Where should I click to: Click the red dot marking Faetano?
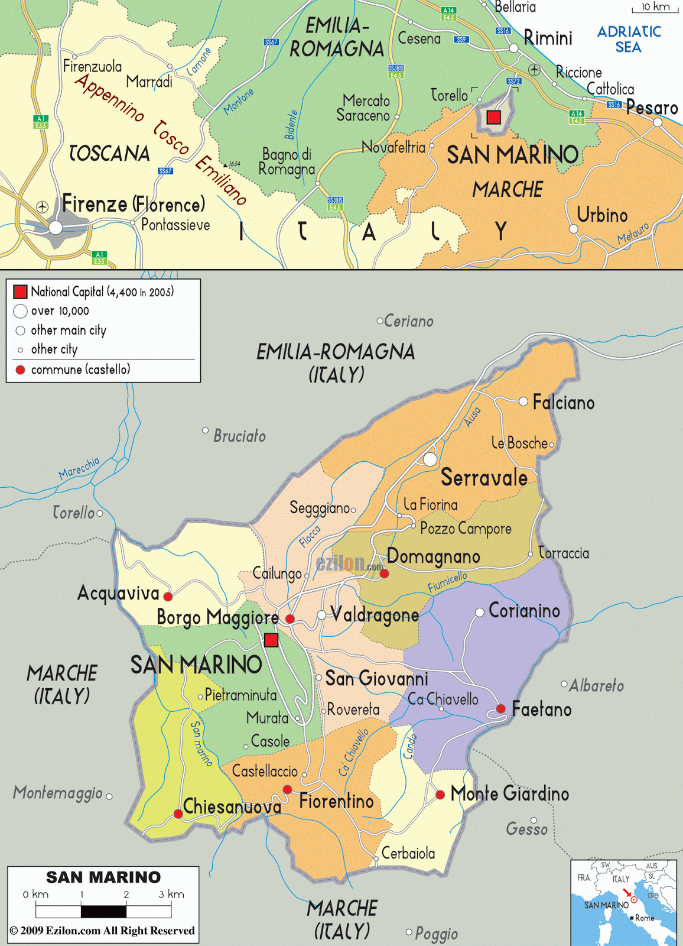(x=500, y=708)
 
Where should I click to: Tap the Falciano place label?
(x=563, y=403)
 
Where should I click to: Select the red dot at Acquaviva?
(x=168, y=596)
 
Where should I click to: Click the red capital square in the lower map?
(x=271, y=640)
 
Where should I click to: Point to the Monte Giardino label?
(x=509, y=793)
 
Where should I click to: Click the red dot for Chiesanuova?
(x=178, y=814)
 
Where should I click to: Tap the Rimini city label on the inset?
(x=548, y=38)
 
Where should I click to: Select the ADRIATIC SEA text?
(x=629, y=39)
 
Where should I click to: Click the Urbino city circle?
(x=573, y=229)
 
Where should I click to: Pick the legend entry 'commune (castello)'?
(x=80, y=370)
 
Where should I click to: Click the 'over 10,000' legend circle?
(x=20, y=311)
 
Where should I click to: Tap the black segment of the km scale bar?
(x=103, y=911)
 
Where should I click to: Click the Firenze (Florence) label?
(x=134, y=205)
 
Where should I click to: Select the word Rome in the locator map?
(x=645, y=918)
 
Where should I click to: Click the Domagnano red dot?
(x=384, y=574)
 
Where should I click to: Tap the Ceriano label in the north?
(x=408, y=321)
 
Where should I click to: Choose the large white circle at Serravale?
(x=430, y=459)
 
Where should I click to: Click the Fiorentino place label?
(x=336, y=801)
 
